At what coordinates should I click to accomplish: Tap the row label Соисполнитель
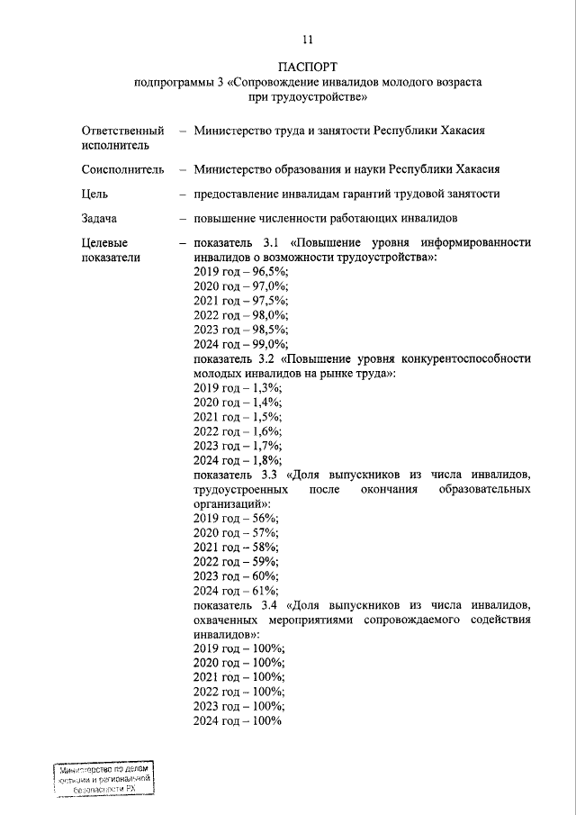[x=122, y=168]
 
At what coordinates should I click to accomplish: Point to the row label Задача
[x=99, y=218]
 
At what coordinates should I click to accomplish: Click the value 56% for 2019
[x=261, y=518]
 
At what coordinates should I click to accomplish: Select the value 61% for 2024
[x=261, y=590]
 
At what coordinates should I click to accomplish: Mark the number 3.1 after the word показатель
[x=272, y=242]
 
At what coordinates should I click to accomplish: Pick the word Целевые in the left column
[x=104, y=242]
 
